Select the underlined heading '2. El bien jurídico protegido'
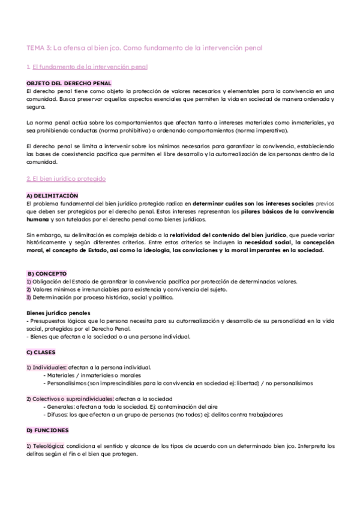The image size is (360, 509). click(67, 179)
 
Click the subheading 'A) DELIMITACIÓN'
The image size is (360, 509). click(52, 196)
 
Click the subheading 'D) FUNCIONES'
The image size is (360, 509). click(47, 430)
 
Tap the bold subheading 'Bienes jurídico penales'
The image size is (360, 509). click(59, 313)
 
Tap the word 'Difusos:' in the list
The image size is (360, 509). click(59, 415)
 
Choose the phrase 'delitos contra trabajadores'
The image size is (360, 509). click(244, 415)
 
